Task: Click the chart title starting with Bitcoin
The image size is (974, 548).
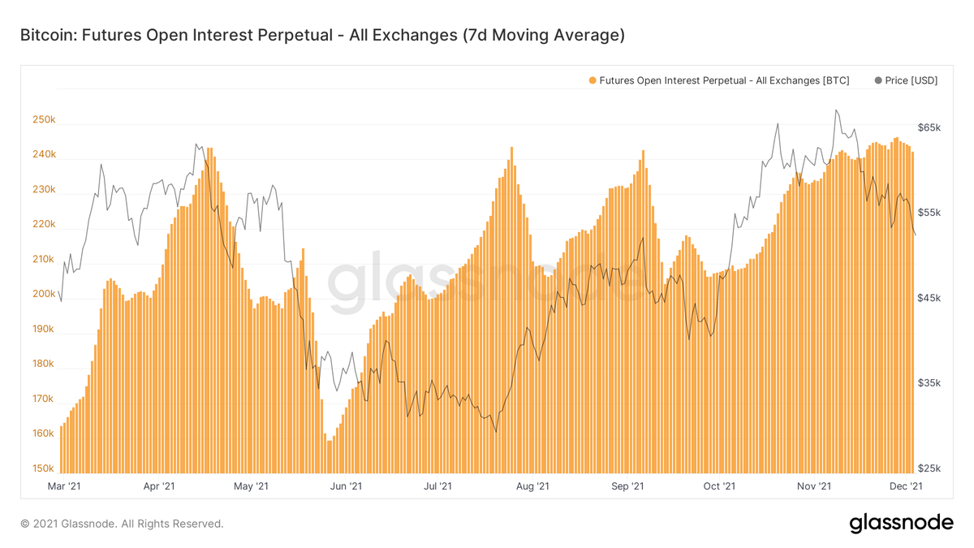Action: pos(321,36)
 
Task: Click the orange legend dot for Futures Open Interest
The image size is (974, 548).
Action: pos(592,80)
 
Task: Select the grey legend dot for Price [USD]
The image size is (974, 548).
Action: pos(878,80)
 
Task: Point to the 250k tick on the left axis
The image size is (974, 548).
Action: pos(44,120)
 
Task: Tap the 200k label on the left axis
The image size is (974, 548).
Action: pos(44,295)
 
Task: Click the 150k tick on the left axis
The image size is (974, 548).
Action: pos(44,469)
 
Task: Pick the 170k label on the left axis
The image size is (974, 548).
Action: pos(44,399)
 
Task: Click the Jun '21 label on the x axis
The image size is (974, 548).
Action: pos(346,486)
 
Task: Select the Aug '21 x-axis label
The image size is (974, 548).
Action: pos(532,486)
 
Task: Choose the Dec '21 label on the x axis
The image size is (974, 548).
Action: pos(905,486)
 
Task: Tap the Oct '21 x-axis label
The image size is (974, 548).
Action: pos(719,486)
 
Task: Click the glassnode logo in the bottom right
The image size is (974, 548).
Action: pos(901,524)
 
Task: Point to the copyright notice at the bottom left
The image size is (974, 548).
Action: pos(122,524)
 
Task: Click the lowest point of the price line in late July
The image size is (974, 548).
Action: pos(494,432)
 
